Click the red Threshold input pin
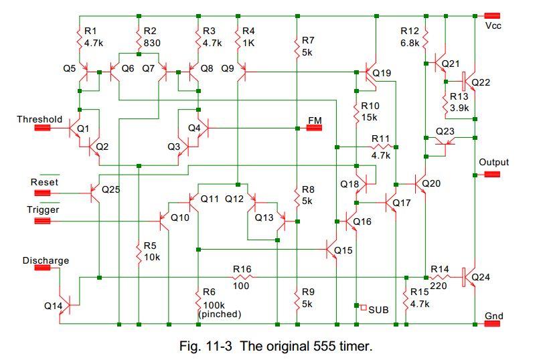(44, 129)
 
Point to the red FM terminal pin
(315, 128)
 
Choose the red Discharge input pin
(44, 268)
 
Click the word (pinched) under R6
(220, 313)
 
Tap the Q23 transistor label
(445, 131)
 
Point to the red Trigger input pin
(44, 218)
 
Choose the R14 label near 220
(439, 268)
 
